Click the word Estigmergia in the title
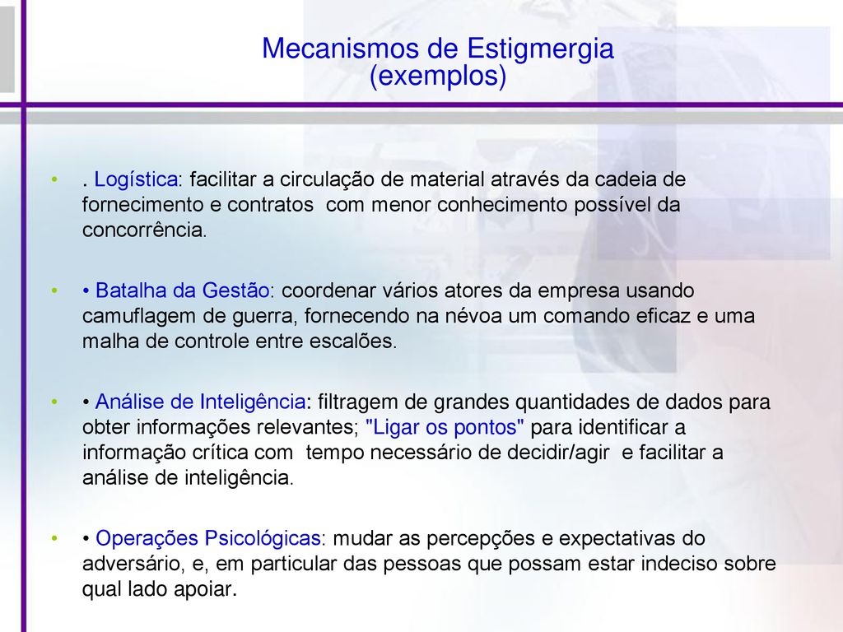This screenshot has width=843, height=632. click(x=540, y=49)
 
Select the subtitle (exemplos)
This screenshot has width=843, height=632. click(x=438, y=76)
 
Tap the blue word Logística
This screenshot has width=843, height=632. click(x=136, y=179)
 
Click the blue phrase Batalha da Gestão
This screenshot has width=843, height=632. click(x=182, y=290)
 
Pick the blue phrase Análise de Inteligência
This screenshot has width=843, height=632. click(x=201, y=402)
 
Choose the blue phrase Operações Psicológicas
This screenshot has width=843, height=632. click(x=208, y=538)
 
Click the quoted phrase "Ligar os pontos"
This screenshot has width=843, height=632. click(x=445, y=427)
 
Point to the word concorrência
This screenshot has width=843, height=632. click(x=144, y=230)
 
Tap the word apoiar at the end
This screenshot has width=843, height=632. click(x=205, y=590)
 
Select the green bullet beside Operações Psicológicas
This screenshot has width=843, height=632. click(x=54, y=538)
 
